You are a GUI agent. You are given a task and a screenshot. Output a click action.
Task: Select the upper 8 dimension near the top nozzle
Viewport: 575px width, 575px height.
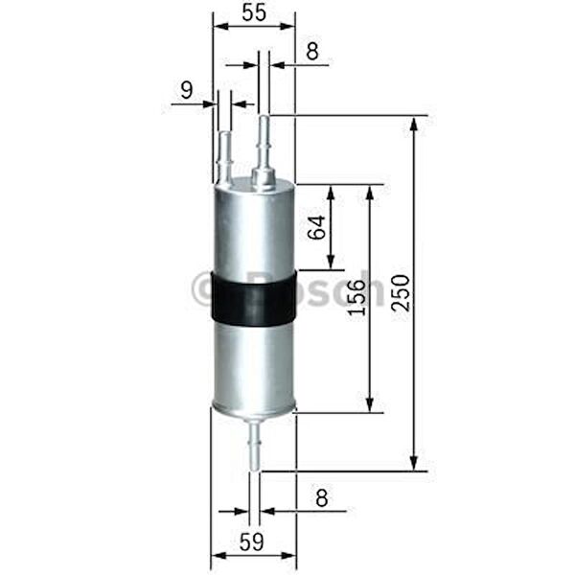(312, 52)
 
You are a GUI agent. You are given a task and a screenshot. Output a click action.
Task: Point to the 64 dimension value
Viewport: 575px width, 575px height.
(317, 227)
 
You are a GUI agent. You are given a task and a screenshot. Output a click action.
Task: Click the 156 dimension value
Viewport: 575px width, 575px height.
(354, 299)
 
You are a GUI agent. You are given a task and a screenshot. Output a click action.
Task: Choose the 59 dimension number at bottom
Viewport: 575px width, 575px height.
(252, 541)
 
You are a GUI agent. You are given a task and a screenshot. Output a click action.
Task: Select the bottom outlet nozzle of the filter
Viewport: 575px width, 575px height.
(255, 446)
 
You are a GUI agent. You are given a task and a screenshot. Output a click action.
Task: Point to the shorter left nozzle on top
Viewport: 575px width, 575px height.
(224, 153)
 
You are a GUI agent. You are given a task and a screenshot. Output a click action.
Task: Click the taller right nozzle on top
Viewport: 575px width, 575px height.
(264, 144)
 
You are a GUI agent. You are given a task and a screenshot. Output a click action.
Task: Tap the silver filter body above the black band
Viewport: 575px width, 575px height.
(253, 230)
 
